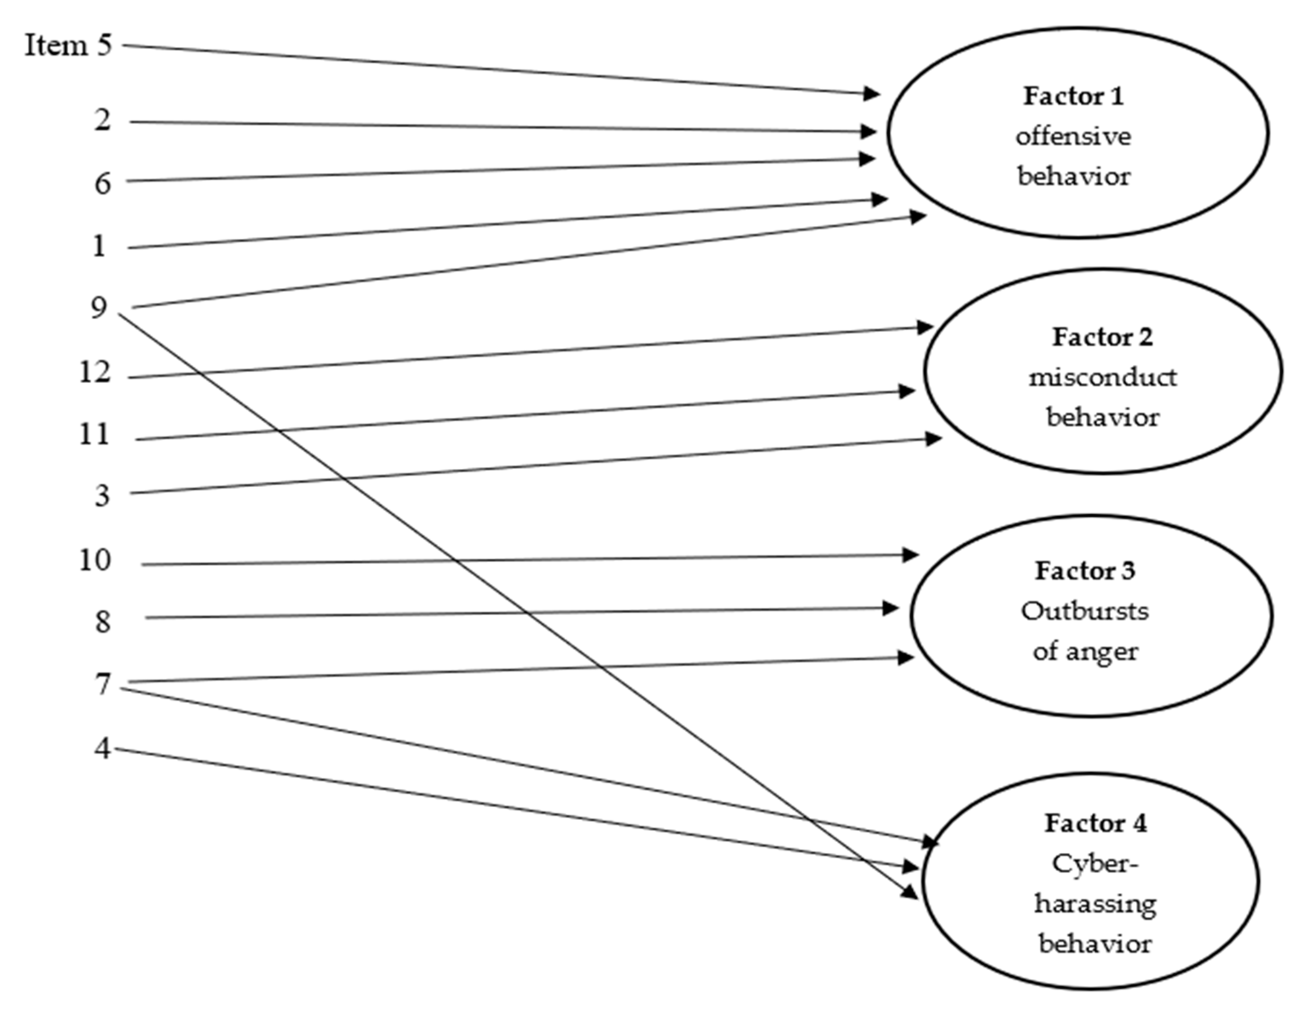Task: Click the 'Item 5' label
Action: [68, 45]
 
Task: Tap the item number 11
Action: [94, 434]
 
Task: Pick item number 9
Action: [99, 308]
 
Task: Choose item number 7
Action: [103, 684]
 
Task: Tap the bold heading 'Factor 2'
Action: [1102, 338]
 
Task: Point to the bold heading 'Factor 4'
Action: [1094, 823]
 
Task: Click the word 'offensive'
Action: [1073, 136]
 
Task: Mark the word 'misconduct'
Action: [1102, 377]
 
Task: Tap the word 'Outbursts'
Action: [1084, 611]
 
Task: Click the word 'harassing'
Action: [1094, 904]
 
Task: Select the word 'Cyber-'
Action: [1094, 863]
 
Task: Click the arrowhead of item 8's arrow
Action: [891, 608]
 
